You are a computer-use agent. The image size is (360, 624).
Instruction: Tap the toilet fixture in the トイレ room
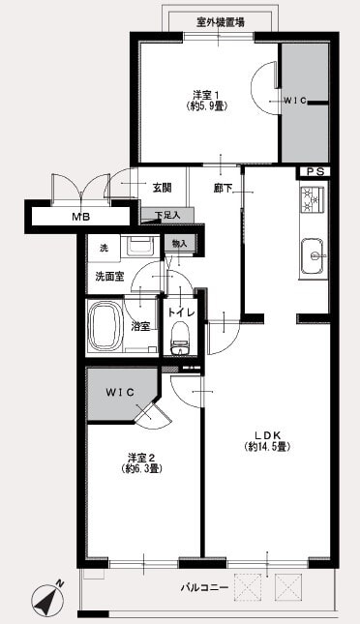[181, 338]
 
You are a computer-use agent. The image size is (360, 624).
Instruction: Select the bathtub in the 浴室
[105, 325]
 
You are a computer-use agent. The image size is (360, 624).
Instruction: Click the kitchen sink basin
[314, 256]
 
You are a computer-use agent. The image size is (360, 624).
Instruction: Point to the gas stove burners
[313, 199]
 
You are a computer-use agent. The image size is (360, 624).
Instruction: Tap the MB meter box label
[81, 218]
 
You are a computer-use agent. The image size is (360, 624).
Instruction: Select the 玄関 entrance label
[162, 188]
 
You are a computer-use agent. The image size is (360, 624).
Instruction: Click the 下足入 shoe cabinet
[167, 216]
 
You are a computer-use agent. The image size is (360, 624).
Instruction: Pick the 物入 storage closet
[179, 244]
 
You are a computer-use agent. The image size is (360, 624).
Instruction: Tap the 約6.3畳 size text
[141, 469]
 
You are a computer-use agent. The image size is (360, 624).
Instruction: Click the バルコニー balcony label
[204, 587]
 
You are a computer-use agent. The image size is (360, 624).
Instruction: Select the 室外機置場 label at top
[221, 22]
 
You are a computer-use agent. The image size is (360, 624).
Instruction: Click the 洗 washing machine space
[104, 249]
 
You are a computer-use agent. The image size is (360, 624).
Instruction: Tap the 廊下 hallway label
[223, 189]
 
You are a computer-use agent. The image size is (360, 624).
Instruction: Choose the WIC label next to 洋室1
[295, 101]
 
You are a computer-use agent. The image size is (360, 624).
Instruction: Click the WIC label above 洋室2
[120, 392]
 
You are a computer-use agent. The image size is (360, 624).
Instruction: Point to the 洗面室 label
[109, 277]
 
